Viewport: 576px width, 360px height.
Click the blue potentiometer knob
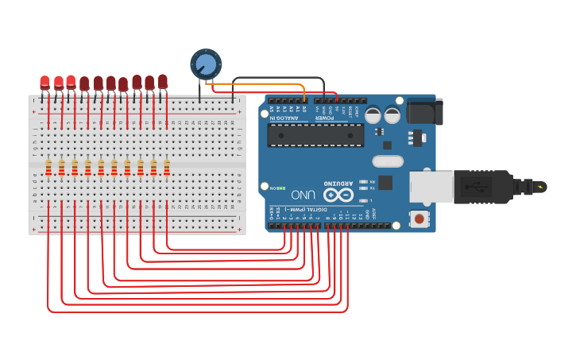(205, 64)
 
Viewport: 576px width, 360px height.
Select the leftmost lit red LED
(45, 82)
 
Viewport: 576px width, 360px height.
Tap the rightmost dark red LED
(163, 81)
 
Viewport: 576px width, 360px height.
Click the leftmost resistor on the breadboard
(48, 167)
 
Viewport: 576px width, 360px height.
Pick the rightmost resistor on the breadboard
(167, 167)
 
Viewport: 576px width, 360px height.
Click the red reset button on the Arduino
(418, 218)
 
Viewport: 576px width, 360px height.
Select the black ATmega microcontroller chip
(315, 135)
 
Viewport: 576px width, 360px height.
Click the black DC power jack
(424, 111)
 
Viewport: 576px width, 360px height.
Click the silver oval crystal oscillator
(387, 162)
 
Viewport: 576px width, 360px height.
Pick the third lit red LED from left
(71, 82)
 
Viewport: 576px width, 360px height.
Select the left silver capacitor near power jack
(372, 115)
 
